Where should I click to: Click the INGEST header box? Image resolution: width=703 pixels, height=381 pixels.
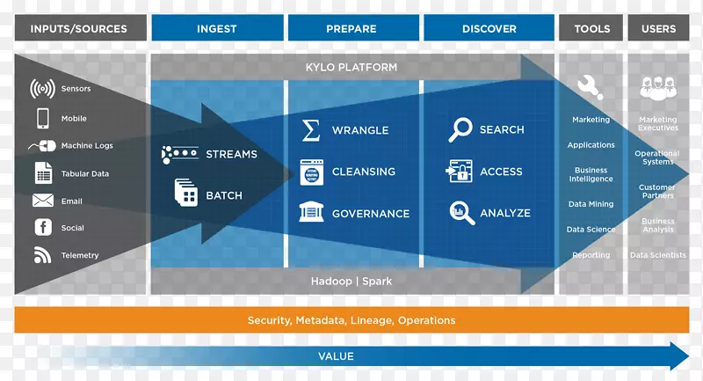[x=216, y=28]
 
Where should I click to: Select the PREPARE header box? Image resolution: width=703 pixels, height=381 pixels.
[x=351, y=28]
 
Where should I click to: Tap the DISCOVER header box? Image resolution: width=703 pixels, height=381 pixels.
[x=489, y=28]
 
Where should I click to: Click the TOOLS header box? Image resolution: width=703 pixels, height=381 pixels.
[x=591, y=28]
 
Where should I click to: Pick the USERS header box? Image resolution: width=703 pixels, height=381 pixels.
[x=658, y=28]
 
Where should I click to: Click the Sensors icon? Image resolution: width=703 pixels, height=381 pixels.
[x=43, y=89]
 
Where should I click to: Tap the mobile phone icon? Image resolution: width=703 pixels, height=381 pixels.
[x=43, y=118]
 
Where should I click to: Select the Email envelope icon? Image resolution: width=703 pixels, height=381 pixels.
[x=43, y=201]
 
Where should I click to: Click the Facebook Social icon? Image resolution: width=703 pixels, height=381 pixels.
[x=43, y=227]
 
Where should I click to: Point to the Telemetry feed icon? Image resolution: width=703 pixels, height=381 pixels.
[x=43, y=255]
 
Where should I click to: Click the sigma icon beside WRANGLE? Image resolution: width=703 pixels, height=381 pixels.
[x=310, y=130]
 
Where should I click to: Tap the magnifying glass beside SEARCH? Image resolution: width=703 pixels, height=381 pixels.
[x=460, y=130]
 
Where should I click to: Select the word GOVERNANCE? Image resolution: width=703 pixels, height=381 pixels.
[x=370, y=213]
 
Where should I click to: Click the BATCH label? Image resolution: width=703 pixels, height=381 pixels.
[x=223, y=195]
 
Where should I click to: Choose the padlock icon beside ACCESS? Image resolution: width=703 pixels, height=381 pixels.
[x=461, y=172]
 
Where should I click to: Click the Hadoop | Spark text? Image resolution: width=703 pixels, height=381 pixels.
[x=351, y=282]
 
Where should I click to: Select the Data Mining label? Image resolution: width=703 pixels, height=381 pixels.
[x=591, y=204]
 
